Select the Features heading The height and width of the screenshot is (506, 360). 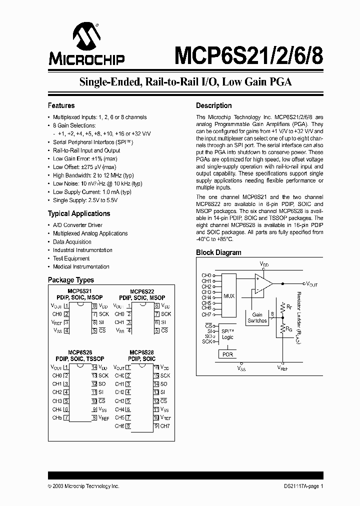coord(61,105)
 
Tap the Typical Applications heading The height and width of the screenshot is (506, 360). coord(78,213)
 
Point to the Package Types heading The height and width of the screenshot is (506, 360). coord(70,280)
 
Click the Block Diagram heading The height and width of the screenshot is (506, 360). coord(218,252)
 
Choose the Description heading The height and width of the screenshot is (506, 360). coord(213,105)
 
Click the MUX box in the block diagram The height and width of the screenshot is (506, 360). coord(229,295)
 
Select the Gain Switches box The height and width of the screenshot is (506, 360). coord(257,318)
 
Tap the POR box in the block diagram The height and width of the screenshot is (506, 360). coord(227,354)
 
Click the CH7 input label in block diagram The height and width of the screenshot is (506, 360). coord(206,314)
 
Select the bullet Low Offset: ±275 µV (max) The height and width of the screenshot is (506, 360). coord(84,167)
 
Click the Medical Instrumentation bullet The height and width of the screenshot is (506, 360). coord(81,267)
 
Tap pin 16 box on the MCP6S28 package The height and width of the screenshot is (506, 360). coord(156,367)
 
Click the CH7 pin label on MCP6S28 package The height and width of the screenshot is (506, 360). coord(165,426)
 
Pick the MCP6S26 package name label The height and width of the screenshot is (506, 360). coord(79,352)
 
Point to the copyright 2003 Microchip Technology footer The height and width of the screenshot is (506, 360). coord(83,486)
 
